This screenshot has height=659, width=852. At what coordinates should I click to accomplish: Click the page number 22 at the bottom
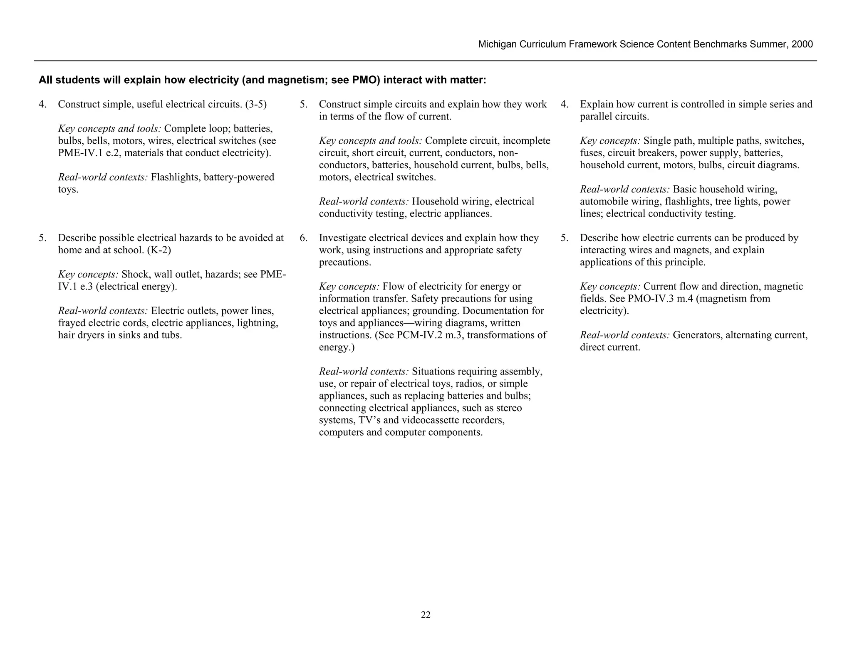pos(426,615)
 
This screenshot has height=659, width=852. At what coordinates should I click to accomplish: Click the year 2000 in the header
pos(802,45)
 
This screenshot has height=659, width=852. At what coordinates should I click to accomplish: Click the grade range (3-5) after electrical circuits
pos(255,104)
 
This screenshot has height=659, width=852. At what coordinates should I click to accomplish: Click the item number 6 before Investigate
pos(303,238)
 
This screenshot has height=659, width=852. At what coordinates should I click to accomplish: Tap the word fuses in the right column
pos(590,153)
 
